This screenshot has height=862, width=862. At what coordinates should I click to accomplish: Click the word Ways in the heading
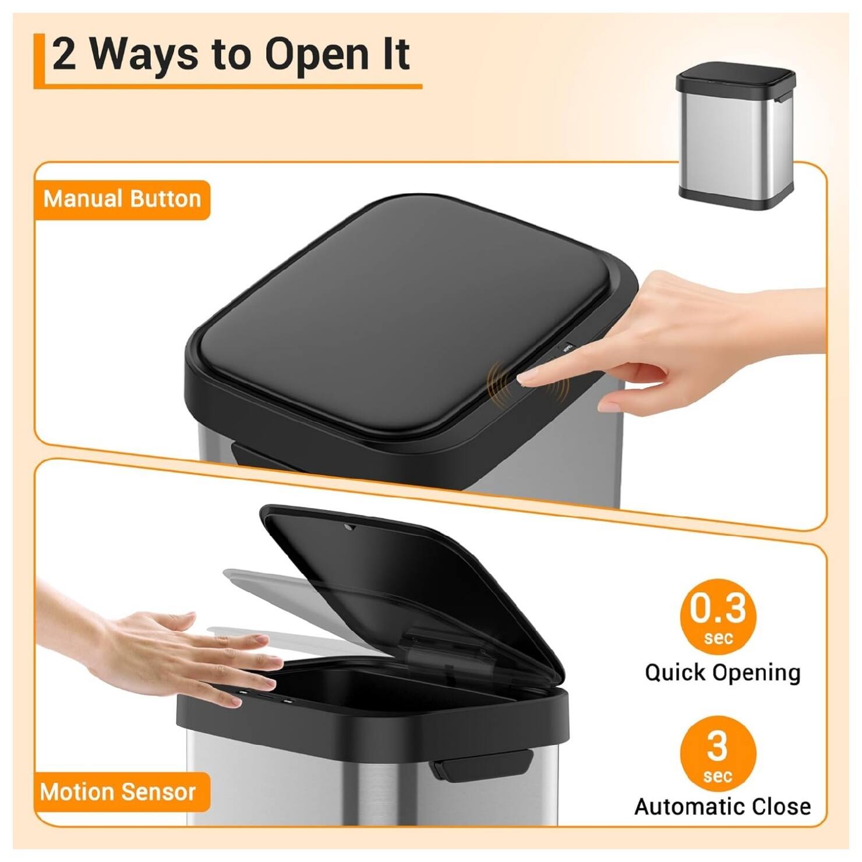[x=144, y=54]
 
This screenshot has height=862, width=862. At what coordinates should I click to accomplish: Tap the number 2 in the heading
[x=64, y=54]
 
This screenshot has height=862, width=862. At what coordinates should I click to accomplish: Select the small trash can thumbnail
[x=736, y=135]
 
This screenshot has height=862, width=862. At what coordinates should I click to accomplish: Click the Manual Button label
[x=122, y=199]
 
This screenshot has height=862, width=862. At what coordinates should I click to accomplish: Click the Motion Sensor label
[x=118, y=792]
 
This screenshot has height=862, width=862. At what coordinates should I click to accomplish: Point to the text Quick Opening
[x=722, y=673]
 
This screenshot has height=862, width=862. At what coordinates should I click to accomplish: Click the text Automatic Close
[x=722, y=807]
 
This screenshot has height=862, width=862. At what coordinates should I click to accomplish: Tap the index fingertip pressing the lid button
[x=525, y=379]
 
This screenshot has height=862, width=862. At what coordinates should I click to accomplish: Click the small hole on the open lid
[x=350, y=528]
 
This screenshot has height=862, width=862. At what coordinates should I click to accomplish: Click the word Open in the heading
[x=317, y=54]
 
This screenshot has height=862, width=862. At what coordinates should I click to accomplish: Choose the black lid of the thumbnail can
[x=735, y=77]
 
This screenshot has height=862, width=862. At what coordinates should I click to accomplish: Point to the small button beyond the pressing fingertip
[x=566, y=348]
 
